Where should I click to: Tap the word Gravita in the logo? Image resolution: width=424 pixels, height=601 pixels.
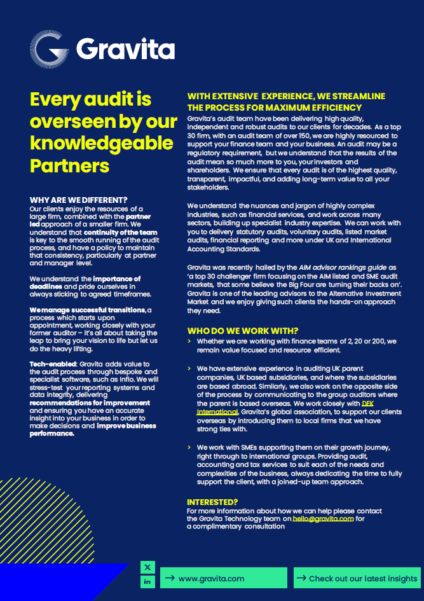[x=125, y=48]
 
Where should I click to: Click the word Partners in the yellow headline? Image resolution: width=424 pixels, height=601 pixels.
[x=70, y=165]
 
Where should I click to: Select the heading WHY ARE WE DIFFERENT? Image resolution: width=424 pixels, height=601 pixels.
[x=79, y=200]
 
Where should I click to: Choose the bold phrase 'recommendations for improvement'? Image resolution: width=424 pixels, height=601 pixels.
[x=90, y=403]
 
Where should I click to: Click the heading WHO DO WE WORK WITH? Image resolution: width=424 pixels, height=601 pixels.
[x=242, y=331]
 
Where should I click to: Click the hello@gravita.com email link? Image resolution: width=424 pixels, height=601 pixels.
[x=323, y=518]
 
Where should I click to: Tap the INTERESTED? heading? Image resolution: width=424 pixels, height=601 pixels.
[x=212, y=502]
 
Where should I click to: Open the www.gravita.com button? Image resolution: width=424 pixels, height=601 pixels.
[x=215, y=578]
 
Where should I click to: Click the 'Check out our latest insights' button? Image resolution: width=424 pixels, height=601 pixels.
[x=357, y=578]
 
